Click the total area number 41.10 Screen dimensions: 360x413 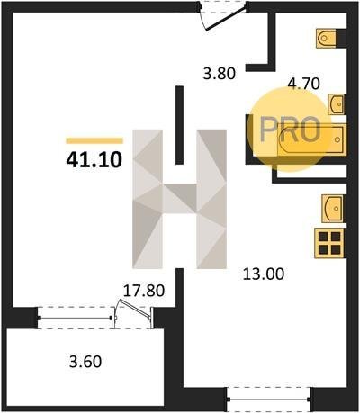[94, 160]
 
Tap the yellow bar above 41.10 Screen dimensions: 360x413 [94, 140]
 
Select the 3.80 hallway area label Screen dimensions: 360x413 [220, 74]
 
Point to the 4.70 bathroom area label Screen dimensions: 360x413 [303, 84]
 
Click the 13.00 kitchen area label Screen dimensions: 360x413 [263, 274]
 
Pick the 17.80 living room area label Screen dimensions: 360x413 [144, 291]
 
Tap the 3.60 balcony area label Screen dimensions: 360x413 [85, 362]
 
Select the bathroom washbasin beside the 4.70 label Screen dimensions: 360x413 [337, 104]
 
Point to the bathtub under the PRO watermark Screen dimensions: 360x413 [310, 140]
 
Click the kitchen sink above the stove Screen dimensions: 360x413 [332, 209]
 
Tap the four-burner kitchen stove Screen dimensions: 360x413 [329, 243]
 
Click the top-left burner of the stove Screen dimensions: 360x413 [323, 237]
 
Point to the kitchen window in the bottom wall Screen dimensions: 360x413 [269, 399]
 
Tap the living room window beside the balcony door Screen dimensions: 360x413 [75, 318]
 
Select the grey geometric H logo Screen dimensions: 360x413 [179, 199]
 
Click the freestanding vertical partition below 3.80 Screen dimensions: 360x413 [179, 125]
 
